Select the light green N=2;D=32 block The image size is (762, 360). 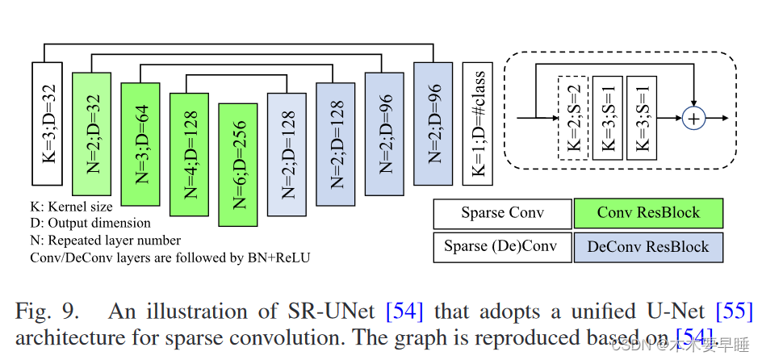coord(90,132)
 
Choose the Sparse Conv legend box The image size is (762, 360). coord(502,214)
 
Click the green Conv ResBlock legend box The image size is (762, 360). coord(647,214)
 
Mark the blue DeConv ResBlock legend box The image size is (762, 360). coord(647,246)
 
